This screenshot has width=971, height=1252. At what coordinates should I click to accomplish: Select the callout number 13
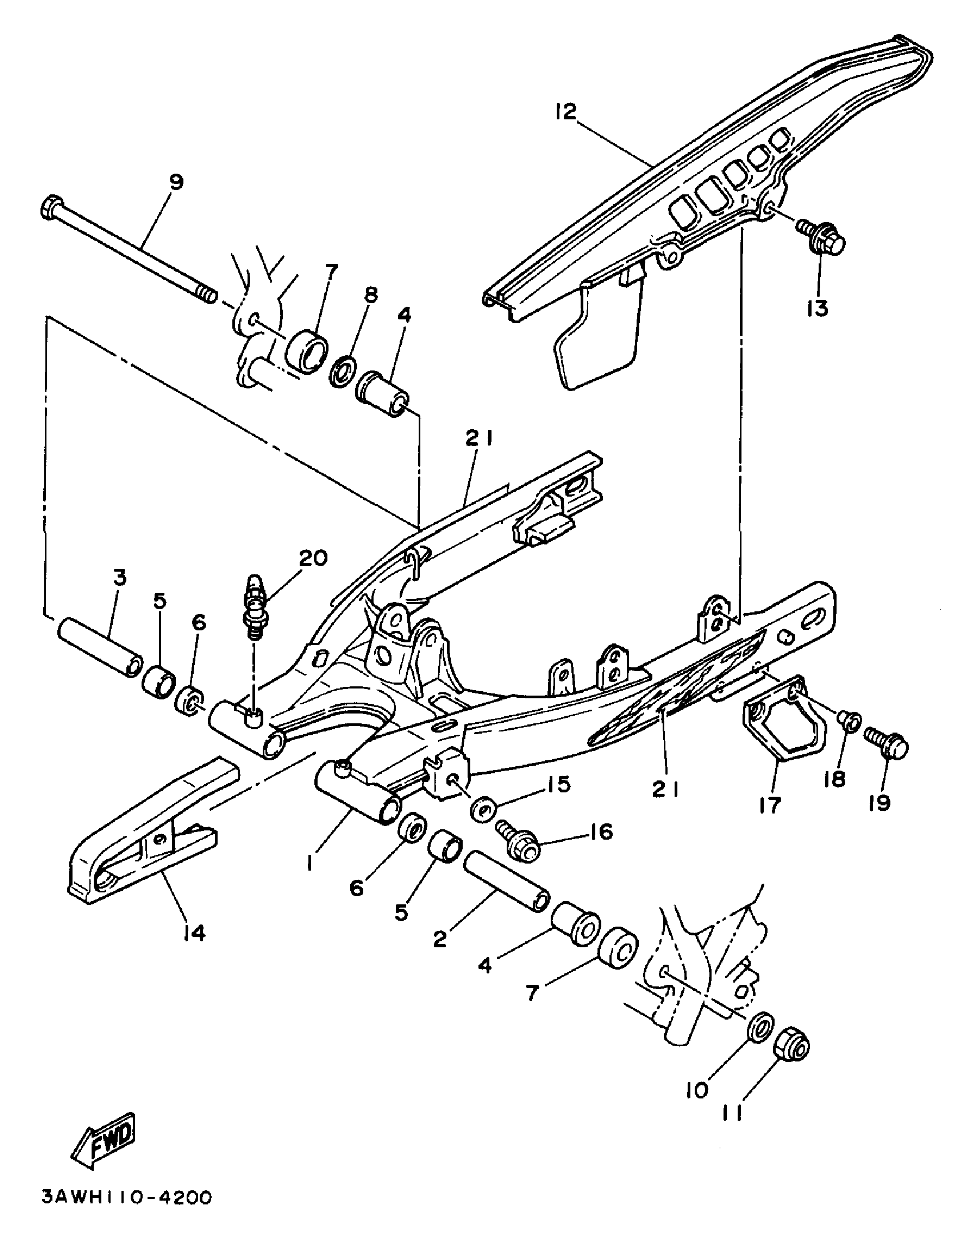click(818, 308)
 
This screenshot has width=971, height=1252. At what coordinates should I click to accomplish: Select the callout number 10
click(697, 1090)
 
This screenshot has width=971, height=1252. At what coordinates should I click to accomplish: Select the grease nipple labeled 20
click(253, 611)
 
